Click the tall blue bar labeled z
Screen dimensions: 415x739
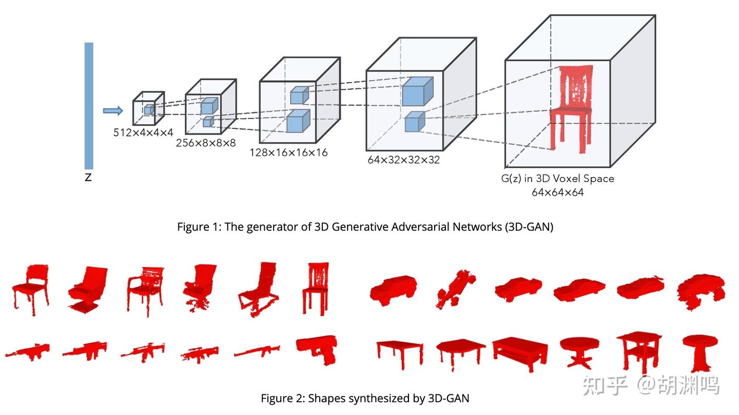89,105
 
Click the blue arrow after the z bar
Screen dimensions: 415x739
113,110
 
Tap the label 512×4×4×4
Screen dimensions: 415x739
143,133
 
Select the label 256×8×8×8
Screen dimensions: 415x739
206,143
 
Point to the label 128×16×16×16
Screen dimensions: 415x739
288,153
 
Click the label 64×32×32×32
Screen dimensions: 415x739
403,160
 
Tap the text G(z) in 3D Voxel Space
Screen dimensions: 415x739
557,179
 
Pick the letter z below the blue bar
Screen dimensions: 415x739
88,178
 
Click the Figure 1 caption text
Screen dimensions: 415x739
365,227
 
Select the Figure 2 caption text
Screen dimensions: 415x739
365,398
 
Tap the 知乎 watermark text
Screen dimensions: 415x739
605,385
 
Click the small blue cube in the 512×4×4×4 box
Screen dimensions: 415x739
149,109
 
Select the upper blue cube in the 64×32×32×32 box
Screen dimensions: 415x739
417,91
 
